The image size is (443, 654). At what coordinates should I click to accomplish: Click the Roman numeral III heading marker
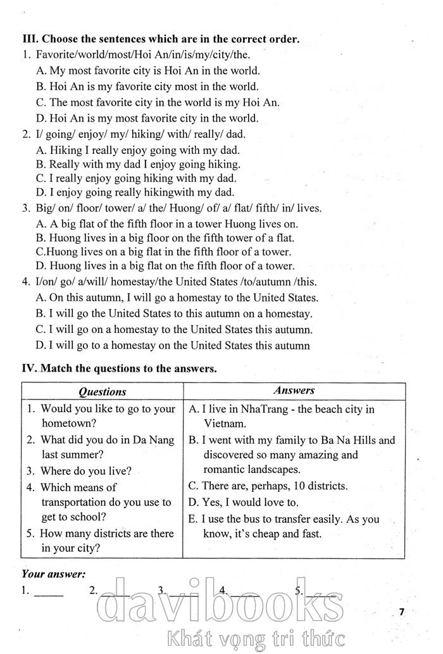29,39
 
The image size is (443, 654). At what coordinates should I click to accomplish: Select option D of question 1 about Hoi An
147,118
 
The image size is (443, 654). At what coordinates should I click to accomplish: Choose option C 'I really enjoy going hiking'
136,178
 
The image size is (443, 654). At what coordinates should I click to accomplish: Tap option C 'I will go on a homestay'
174,329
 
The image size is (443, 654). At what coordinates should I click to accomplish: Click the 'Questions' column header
102,391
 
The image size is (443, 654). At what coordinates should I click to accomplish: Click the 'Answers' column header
294,391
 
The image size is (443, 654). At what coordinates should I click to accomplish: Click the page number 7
401,611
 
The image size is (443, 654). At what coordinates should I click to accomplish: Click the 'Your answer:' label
53,574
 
